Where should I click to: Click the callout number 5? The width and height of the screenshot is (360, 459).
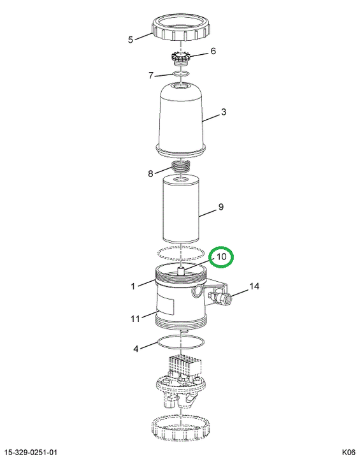click(131, 40)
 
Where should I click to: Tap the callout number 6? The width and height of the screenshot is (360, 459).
click(213, 51)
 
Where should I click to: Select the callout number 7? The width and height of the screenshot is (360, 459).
click(151, 75)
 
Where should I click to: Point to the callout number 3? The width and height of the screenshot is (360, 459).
click(223, 112)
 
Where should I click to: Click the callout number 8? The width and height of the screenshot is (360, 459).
click(150, 174)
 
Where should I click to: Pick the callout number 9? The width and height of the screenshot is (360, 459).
click(220, 207)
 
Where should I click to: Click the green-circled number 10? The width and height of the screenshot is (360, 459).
click(221, 257)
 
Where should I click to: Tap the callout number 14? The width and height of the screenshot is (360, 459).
click(254, 286)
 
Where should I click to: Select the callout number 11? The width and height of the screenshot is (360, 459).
click(135, 318)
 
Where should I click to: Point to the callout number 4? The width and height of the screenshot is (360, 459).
click(136, 349)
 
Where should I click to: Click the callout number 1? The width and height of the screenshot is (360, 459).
click(133, 286)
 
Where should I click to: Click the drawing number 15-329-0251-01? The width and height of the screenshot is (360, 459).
click(31, 452)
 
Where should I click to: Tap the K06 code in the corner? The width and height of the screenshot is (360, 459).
click(349, 452)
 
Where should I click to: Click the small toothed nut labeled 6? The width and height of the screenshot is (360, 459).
click(180, 57)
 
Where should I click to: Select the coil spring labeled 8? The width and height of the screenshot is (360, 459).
click(181, 168)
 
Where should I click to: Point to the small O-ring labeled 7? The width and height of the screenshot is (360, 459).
click(180, 73)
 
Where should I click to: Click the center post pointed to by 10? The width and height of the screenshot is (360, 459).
click(181, 270)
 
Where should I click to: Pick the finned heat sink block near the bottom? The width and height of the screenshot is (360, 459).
click(185, 365)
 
